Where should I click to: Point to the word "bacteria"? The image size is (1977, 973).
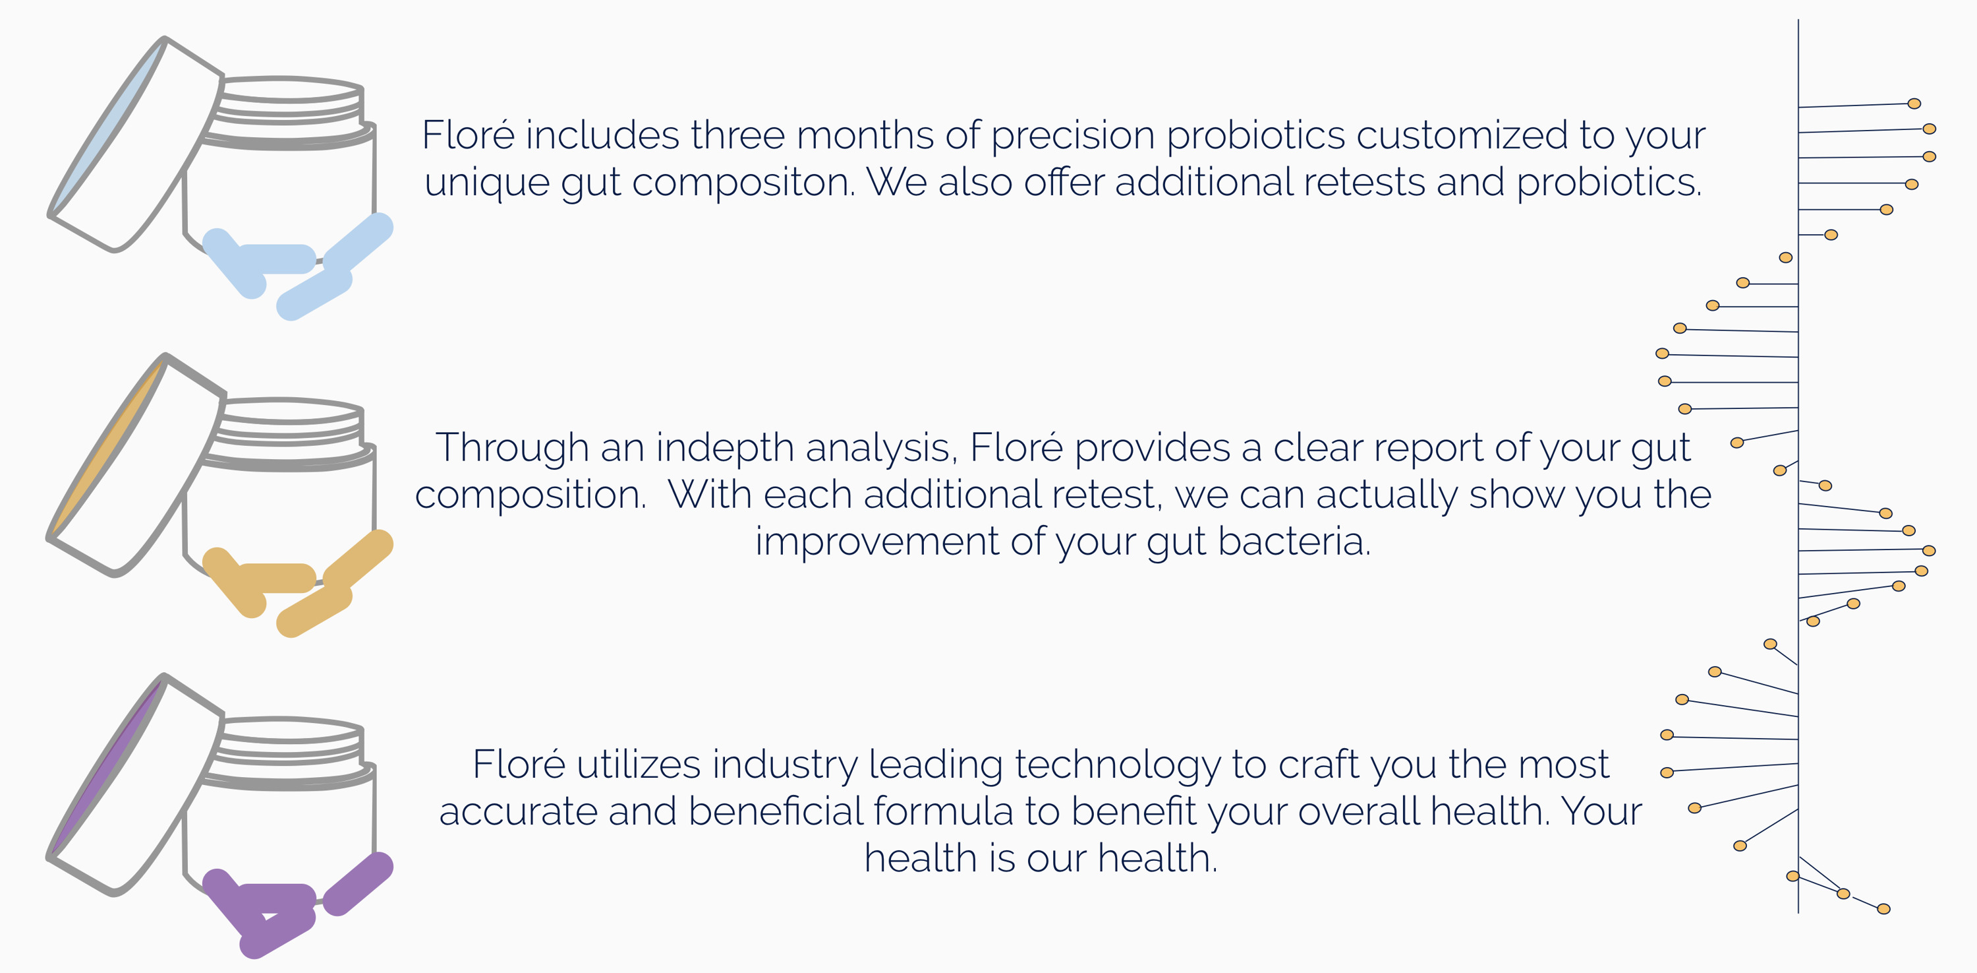point(1294,542)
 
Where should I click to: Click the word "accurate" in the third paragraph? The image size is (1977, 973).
point(517,812)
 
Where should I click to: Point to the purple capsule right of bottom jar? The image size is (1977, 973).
point(358,883)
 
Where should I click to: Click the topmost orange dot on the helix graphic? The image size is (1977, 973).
point(1914,104)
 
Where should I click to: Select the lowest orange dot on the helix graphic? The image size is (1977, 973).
point(1883,909)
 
